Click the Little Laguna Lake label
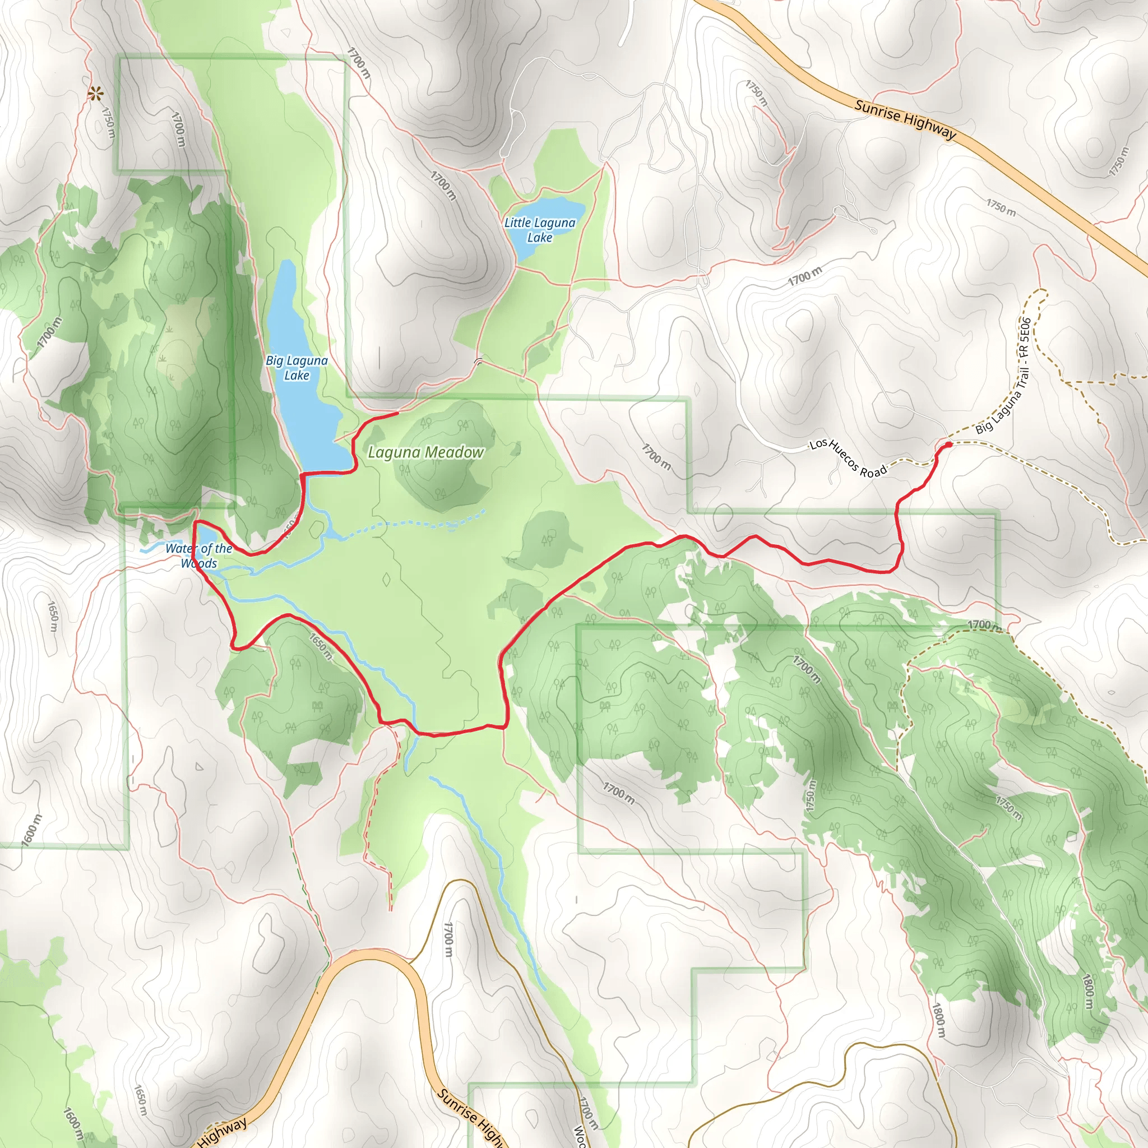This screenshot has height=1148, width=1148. [x=540, y=230]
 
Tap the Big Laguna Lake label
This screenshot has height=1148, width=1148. [x=297, y=368]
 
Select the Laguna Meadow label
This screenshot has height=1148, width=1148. [x=426, y=452]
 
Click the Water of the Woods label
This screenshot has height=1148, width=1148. [x=199, y=556]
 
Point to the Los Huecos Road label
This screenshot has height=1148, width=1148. [x=848, y=458]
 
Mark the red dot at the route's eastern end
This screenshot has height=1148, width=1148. [x=948, y=444]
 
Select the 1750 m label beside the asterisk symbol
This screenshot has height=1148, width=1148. [x=108, y=122]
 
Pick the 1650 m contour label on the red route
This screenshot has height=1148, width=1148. [x=321, y=645]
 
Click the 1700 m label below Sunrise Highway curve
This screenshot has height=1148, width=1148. [x=448, y=939]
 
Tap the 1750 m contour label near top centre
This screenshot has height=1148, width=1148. [x=756, y=93]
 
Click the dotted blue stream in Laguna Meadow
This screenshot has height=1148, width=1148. [x=416, y=524]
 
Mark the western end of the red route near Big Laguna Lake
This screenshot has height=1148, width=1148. [x=396, y=413]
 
